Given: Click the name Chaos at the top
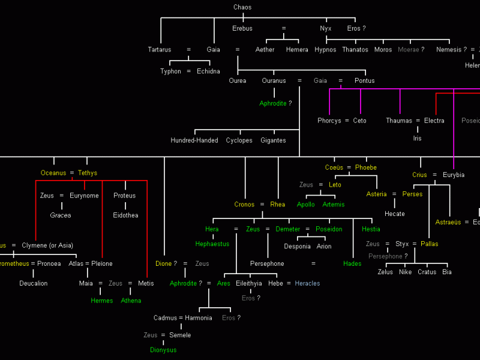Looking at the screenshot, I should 242,7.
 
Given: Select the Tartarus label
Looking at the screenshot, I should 160,50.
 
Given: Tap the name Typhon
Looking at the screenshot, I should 170,71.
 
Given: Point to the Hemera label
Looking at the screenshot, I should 297,50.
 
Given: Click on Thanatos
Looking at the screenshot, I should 355,50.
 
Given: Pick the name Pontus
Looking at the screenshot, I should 364,81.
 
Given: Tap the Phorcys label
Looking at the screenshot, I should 329,121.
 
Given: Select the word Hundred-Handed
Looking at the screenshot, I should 194,140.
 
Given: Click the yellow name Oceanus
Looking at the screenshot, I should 53,173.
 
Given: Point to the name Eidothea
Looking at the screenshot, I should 125,215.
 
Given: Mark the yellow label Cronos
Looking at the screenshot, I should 245,205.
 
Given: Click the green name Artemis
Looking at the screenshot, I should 334,205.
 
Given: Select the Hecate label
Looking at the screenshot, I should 395,214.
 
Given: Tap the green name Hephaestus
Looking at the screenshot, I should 212,244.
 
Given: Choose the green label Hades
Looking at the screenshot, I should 352,264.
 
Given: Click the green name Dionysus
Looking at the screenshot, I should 163,350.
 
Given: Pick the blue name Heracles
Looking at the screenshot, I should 307,284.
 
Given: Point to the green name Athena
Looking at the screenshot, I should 131,301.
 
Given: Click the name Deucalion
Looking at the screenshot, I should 33,284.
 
